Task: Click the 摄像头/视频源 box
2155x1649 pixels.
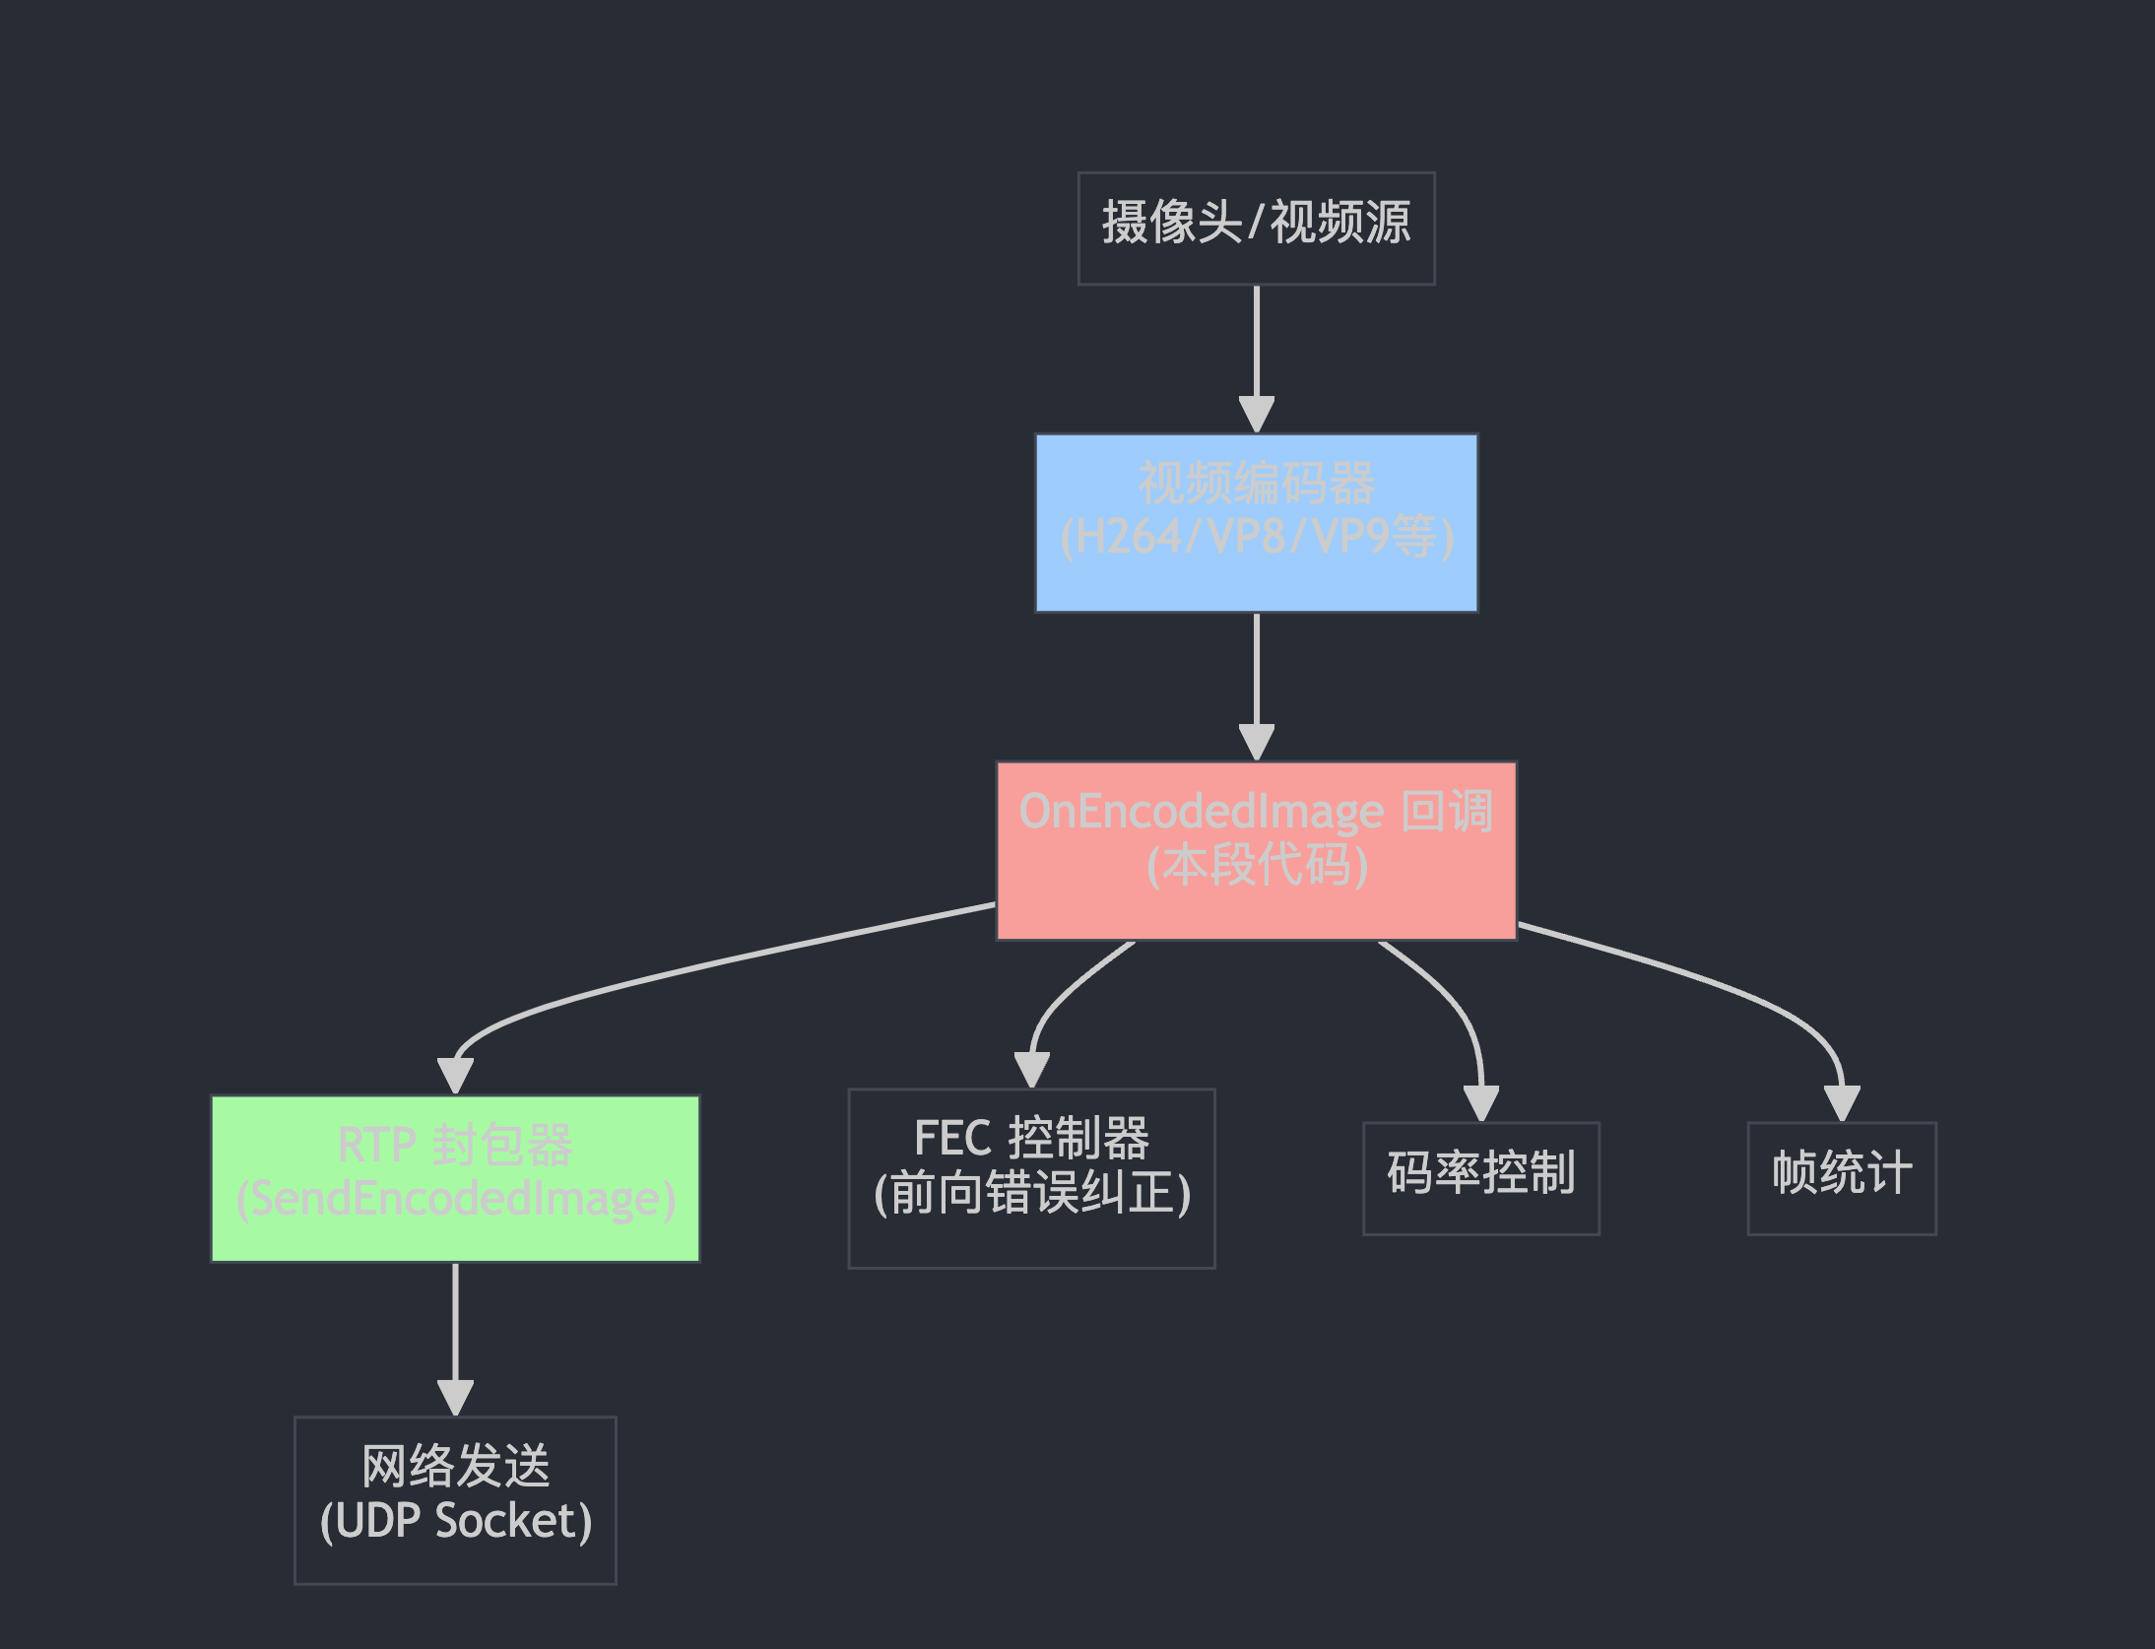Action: click(1256, 229)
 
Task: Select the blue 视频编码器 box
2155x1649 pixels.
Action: click(1256, 523)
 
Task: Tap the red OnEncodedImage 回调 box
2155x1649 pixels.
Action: click(1256, 850)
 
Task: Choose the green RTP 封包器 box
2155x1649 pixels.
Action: click(455, 1178)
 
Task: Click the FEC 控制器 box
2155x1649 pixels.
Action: click(1031, 1178)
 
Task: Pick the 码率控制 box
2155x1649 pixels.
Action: click(1480, 1178)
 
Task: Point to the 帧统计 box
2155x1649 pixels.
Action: click(1841, 1178)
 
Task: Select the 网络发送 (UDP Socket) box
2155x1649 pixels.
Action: click(455, 1499)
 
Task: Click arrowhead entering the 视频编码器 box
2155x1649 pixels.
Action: click(1256, 414)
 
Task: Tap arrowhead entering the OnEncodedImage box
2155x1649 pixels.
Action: click(1256, 742)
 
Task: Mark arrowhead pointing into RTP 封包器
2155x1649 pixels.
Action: click(455, 1075)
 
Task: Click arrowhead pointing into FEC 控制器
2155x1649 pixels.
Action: click(1031, 1069)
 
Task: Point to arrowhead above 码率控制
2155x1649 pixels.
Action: click(1480, 1102)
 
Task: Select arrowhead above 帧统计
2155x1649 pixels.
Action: click(1841, 1102)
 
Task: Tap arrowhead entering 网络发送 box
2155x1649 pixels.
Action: click(455, 1397)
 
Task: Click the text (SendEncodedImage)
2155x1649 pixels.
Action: click(455, 1200)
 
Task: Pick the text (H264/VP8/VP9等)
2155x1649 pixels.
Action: click(1256, 538)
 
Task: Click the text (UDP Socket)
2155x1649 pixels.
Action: click(455, 1521)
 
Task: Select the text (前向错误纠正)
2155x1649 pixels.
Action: click(1031, 1194)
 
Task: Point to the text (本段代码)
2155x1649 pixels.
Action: click(1256, 866)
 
